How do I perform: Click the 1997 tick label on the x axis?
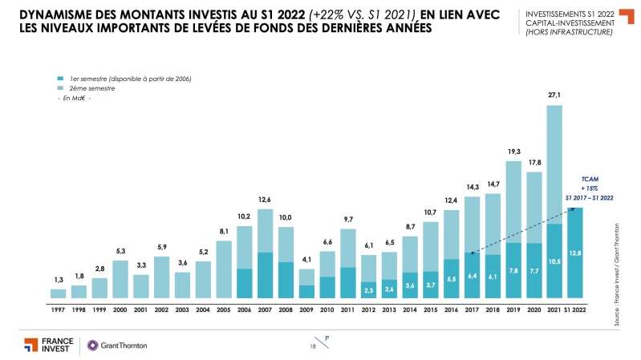(x=58, y=308)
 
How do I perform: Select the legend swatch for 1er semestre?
(x=61, y=79)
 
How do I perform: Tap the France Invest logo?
(x=47, y=345)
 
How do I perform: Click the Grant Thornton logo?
(x=117, y=346)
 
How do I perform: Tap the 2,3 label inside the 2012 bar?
(x=370, y=289)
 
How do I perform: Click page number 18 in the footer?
(x=313, y=346)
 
